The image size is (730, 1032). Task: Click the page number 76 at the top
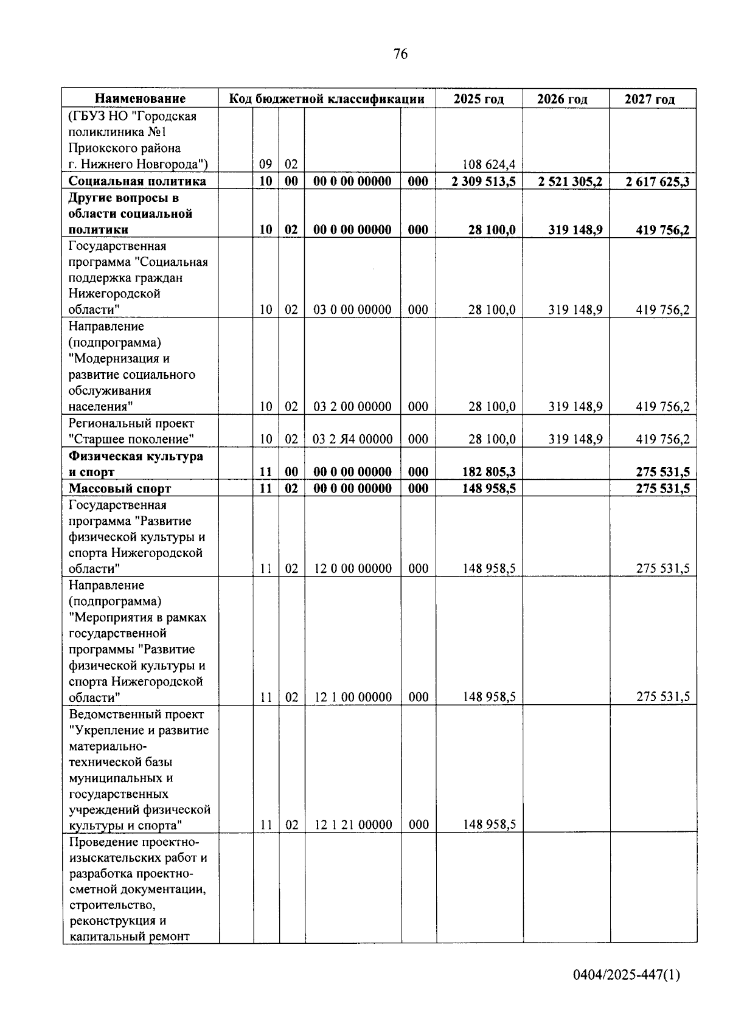(400, 54)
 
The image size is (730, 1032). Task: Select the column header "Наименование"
(140, 99)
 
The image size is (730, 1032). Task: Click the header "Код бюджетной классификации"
(327, 99)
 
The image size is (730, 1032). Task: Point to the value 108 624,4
(490, 164)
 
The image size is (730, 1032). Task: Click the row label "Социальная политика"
(137, 181)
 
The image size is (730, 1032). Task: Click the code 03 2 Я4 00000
(352, 439)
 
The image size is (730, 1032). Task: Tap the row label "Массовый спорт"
(120, 488)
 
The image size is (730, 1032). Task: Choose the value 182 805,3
(488, 472)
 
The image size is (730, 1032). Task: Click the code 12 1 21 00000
(353, 825)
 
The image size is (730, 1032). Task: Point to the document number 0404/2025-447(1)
(627, 975)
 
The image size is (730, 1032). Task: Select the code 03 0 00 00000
(352, 310)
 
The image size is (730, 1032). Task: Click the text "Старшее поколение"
(131, 439)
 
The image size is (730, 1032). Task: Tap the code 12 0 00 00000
(352, 569)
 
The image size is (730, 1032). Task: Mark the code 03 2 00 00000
(352, 407)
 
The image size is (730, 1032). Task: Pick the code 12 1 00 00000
(353, 697)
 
